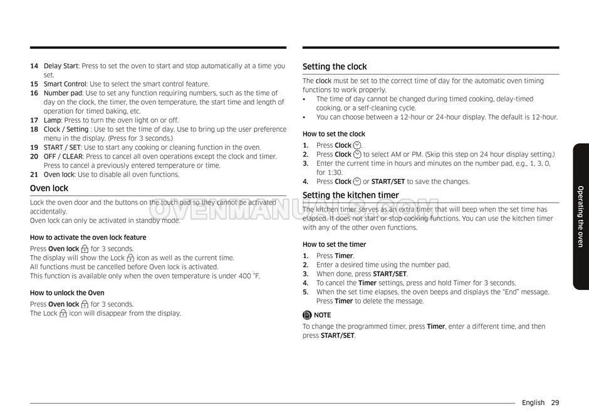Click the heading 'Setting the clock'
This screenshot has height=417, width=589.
335,67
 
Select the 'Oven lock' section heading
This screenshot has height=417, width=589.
49,188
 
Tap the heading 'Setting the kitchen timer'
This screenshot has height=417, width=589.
350,195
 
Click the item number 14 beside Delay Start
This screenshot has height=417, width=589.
34,66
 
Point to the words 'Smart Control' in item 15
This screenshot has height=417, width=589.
65,84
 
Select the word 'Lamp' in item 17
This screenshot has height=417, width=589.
52,120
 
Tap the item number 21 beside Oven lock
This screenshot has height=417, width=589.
34,175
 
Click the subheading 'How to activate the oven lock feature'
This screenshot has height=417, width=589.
88,237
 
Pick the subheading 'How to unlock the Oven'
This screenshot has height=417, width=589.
67,293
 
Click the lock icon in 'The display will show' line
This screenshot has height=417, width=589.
130,258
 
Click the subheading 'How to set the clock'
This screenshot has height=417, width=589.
333,134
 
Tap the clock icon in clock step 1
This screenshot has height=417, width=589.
357,145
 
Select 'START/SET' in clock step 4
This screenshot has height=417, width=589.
388,182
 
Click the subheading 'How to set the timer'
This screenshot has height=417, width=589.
334,245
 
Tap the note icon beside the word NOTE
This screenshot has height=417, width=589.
307,315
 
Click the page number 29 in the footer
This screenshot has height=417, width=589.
555,403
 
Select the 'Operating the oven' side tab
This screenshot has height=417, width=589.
580,217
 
